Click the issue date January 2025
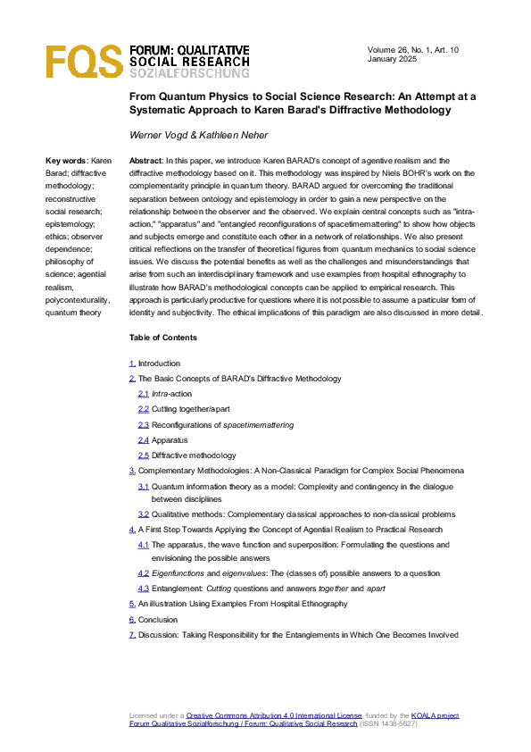[x=394, y=59]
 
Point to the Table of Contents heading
[x=163, y=338]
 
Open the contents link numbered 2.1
[x=144, y=394]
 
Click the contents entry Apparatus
[x=169, y=440]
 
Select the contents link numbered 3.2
[x=144, y=514]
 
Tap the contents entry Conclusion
[x=157, y=619]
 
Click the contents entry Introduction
[x=159, y=363]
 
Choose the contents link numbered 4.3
[x=144, y=589]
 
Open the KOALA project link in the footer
[x=435, y=715]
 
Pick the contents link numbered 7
[x=132, y=635]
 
